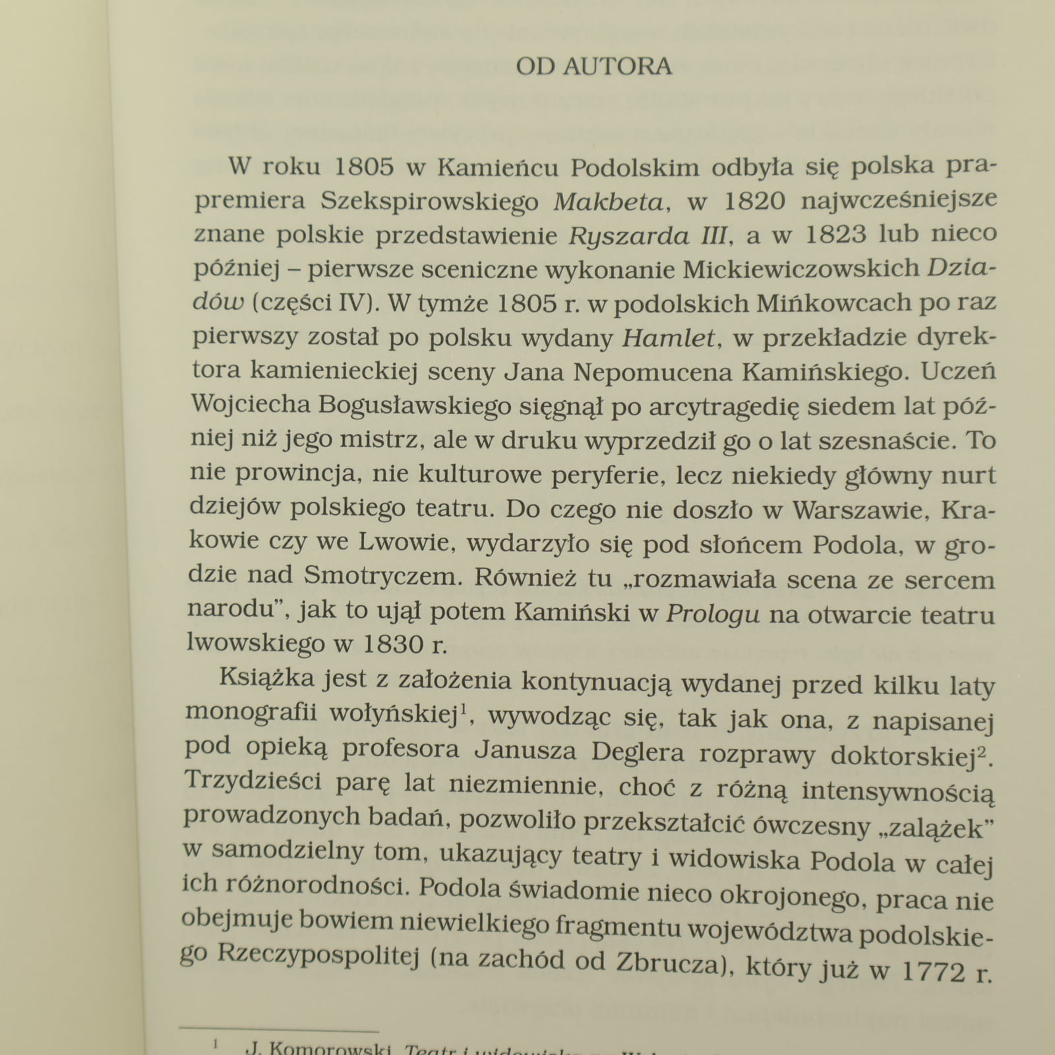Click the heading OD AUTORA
tap(593, 67)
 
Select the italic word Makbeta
tap(607, 201)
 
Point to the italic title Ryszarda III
tap(648, 235)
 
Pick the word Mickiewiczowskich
tap(801, 268)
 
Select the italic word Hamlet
tap(669, 338)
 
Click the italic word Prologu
tap(713, 614)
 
